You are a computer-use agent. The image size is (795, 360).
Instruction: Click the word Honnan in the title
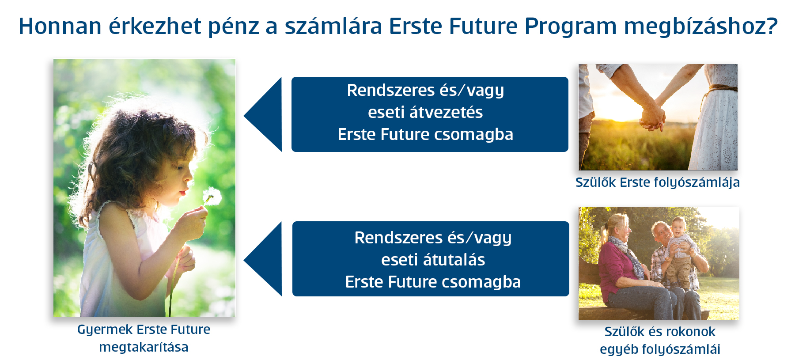pos(60,26)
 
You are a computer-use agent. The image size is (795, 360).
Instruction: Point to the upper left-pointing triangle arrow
pos(263,115)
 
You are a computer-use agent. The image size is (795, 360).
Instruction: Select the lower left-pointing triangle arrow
pos(263,259)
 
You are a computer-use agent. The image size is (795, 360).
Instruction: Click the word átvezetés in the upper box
pos(446,112)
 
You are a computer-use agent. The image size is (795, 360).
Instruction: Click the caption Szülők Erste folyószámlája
pos(657,182)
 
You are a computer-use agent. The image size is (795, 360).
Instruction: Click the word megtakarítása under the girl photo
pos(144,347)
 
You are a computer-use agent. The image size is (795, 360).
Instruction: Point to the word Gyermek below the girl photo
pos(105,330)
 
